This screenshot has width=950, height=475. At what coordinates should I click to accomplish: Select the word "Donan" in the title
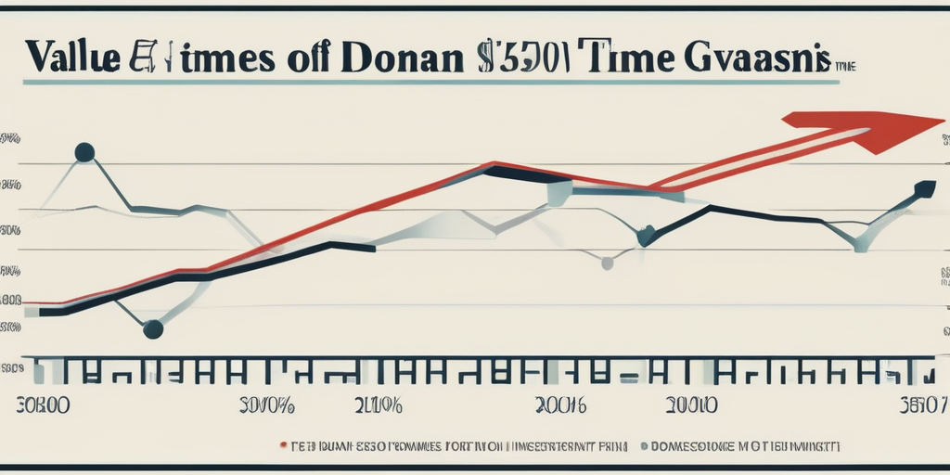click(405, 57)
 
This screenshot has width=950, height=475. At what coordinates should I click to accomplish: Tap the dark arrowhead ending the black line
click(924, 188)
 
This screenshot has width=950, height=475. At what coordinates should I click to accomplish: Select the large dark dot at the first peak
click(84, 152)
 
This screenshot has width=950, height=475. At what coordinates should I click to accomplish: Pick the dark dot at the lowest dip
click(154, 328)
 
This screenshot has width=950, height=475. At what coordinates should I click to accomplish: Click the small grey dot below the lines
click(608, 263)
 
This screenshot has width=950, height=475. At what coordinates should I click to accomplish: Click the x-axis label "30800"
click(44, 405)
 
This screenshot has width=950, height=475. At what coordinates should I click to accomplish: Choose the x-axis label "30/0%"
click(266, 405)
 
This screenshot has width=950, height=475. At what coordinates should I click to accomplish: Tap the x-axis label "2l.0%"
click(378, 405)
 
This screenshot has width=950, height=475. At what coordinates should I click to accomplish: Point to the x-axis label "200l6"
click(562, 405)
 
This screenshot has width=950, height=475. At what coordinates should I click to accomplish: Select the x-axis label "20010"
click(690, 405)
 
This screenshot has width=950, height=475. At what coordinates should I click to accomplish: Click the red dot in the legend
click(283, 445)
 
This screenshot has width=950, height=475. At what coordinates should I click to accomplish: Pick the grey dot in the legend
click(644, 445)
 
